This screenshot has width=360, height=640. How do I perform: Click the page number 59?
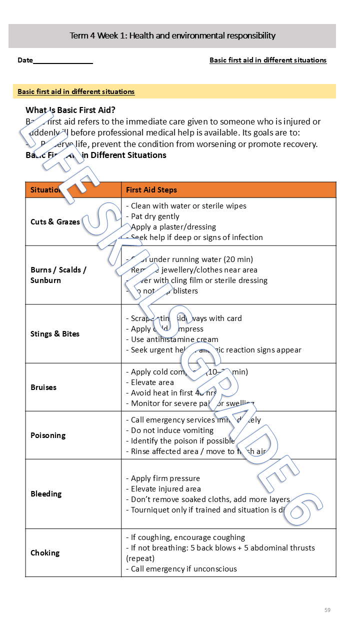pos(327,609)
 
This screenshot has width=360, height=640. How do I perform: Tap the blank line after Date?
pos(63,61)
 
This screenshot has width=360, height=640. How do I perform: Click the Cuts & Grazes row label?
pos(55,221)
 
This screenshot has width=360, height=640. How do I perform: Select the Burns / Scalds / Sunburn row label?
pos(58,275)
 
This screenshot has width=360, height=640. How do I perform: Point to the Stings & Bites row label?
pos(55,333)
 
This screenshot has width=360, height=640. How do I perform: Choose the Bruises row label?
pos(43,387)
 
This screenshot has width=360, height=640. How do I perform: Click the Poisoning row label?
pos(48,435)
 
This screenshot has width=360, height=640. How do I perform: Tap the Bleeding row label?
pos(46,493)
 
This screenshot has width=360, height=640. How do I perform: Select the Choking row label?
pos(45,552)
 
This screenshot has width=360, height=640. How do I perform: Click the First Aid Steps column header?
pos(151,190)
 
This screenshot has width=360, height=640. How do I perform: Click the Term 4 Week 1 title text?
pos(172,35)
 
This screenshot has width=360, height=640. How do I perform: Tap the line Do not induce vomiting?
pos(172,430)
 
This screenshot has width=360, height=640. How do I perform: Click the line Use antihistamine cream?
pos(174,339)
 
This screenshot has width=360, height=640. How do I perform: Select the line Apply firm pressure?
pos(165,478)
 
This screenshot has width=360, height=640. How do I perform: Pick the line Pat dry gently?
pos(155,216)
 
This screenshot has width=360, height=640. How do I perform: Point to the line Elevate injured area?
pos(166,488)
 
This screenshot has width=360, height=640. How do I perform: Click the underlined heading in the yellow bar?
pos(76,91)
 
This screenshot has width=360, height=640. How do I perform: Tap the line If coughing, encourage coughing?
pos(187,537)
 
